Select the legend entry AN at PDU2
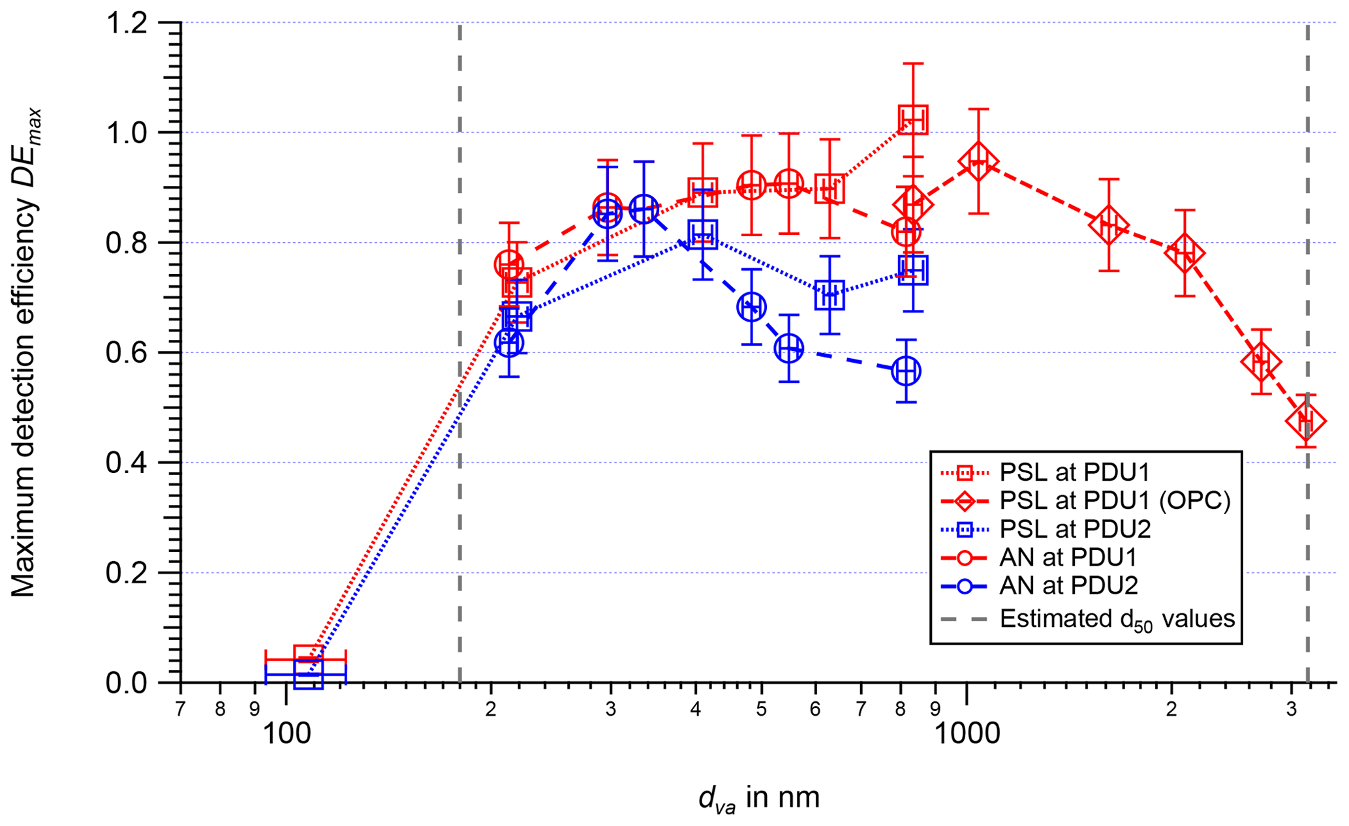coord(1068,585)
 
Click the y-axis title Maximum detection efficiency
coord(25,352)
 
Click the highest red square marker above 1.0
coord(913,119)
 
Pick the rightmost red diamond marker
coord(1305,421)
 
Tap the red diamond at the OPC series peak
coord(978,162)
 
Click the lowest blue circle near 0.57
coord(905,371)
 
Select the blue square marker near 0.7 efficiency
coord(830,296)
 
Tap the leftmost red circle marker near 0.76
coord(508,264)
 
